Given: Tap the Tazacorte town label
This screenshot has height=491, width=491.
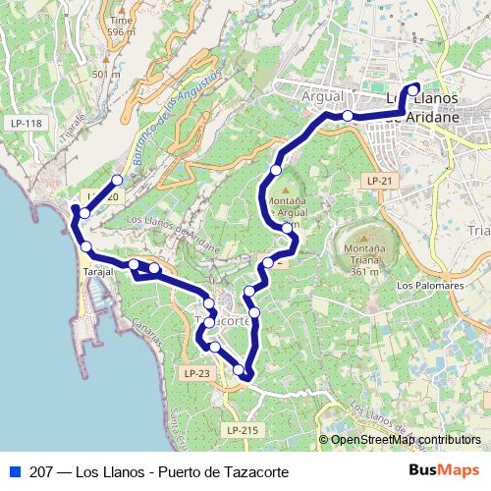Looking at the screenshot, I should [x=223, y=321].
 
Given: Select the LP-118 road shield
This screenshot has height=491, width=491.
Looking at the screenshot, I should [x=27, y=123].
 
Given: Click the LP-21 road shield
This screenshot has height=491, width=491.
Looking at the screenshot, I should [x=380, y=182].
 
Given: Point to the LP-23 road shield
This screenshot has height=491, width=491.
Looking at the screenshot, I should [x=196, y=373].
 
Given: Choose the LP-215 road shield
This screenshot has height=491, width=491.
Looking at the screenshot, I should [x=242, y=430].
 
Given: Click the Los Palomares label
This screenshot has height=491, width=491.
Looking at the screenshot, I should [x=429, y=285].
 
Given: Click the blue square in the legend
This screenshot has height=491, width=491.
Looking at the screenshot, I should [x=13, y=472].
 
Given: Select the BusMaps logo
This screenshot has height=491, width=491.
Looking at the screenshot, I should [x=445, y=471].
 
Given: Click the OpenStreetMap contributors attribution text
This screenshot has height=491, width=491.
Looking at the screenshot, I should [x=406, y=440].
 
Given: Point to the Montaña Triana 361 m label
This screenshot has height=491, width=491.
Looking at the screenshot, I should [x=363, y=259].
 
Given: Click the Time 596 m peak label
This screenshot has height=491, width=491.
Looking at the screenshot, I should [x=122, y=26].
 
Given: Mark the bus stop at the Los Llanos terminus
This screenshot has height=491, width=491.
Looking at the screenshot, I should [x=412, y=86].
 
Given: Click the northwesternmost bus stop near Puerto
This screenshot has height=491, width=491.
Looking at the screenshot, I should [x=117, y=180].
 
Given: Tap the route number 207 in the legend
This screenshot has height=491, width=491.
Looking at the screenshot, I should [x=42, y=472].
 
